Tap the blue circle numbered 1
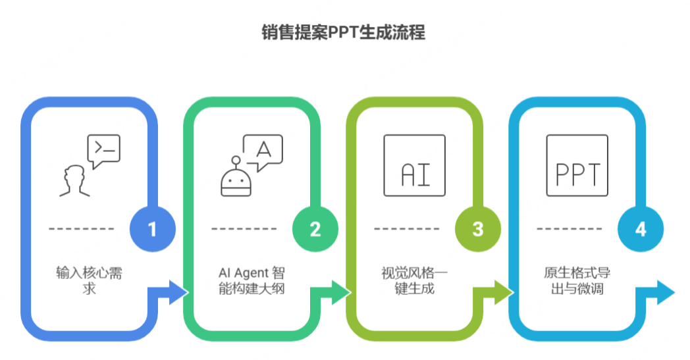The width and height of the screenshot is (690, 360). point(152,229)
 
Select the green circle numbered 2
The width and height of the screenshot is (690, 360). point(315,229)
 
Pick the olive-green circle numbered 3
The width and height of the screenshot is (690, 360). point(477,229)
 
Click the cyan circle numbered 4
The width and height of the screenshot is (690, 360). point(640,229)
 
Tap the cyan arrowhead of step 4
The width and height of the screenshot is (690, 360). point(662,292)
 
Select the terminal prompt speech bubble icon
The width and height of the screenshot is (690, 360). point(104,151)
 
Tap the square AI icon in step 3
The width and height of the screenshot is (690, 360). point(414,165)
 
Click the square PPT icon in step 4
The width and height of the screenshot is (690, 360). point(577,165)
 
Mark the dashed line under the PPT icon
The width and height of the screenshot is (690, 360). point(570,229)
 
